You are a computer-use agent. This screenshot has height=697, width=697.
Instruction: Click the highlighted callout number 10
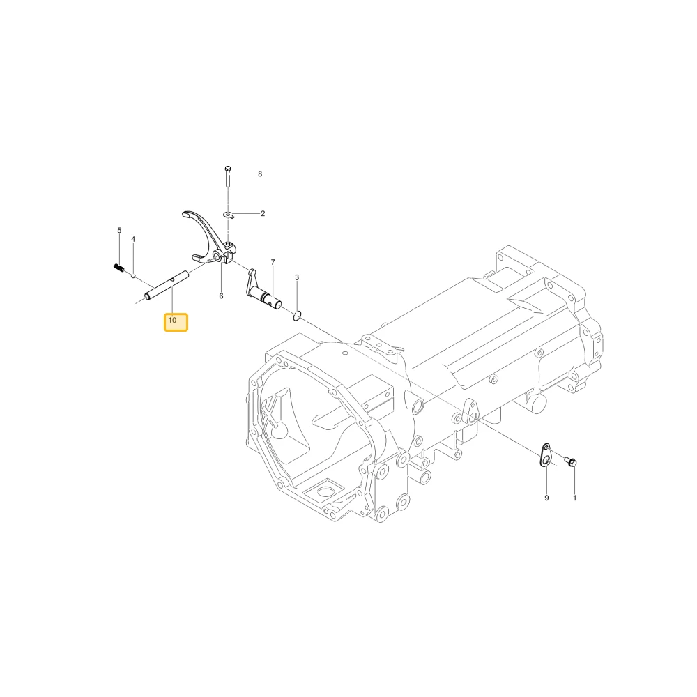point(172,320)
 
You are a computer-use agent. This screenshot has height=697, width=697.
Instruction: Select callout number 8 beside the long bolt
point(260,174)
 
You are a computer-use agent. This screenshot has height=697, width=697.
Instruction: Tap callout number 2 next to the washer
point(263,213)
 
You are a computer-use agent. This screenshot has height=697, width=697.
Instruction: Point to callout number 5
point(119,230)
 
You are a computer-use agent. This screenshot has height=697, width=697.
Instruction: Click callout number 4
point(133,239)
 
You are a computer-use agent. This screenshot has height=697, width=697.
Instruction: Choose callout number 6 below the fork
point(221,296)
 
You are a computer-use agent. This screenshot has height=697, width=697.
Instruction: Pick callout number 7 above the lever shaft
point(273,262)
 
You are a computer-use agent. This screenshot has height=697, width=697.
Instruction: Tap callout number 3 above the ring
point(297,277)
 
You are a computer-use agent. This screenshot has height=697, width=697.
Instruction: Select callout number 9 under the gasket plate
point(546,498)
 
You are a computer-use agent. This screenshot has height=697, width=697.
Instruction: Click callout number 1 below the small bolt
point(574,498)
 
